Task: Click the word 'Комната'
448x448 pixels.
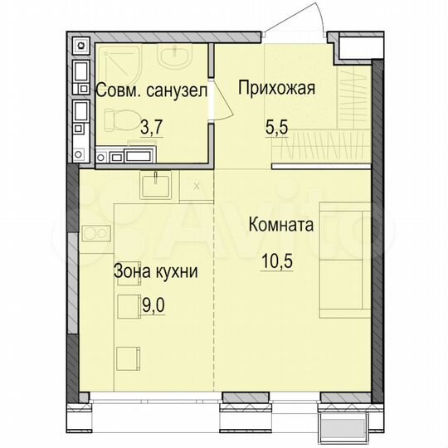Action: click(x=280, y=225)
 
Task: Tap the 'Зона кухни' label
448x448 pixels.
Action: click(x=155, y=270)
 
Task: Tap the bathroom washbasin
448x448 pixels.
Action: click(x=175, y=60)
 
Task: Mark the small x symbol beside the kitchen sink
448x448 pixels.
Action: click(x=196, y=185)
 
